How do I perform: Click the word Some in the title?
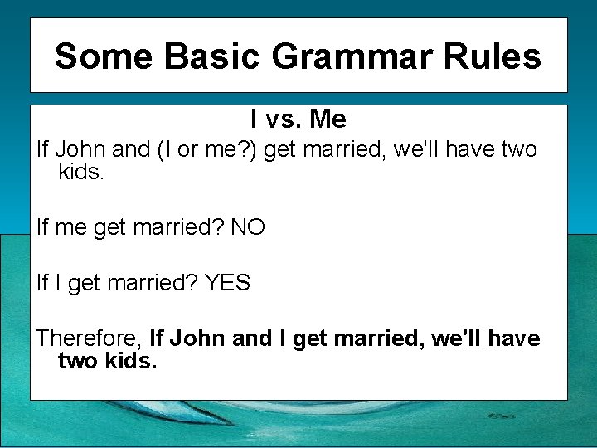(x=104, y=56)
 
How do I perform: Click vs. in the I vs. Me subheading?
(x=285, y=119)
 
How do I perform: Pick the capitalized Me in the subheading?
(x=328, y=119)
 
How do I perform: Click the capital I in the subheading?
(x=254, y=119)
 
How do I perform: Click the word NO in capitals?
(x=248, y=227)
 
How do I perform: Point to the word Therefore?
(x=89, y=338)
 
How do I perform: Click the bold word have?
(x=514, y=338)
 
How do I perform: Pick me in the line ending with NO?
(x=70, y=227)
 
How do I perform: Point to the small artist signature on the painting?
(x=502, y=416)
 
